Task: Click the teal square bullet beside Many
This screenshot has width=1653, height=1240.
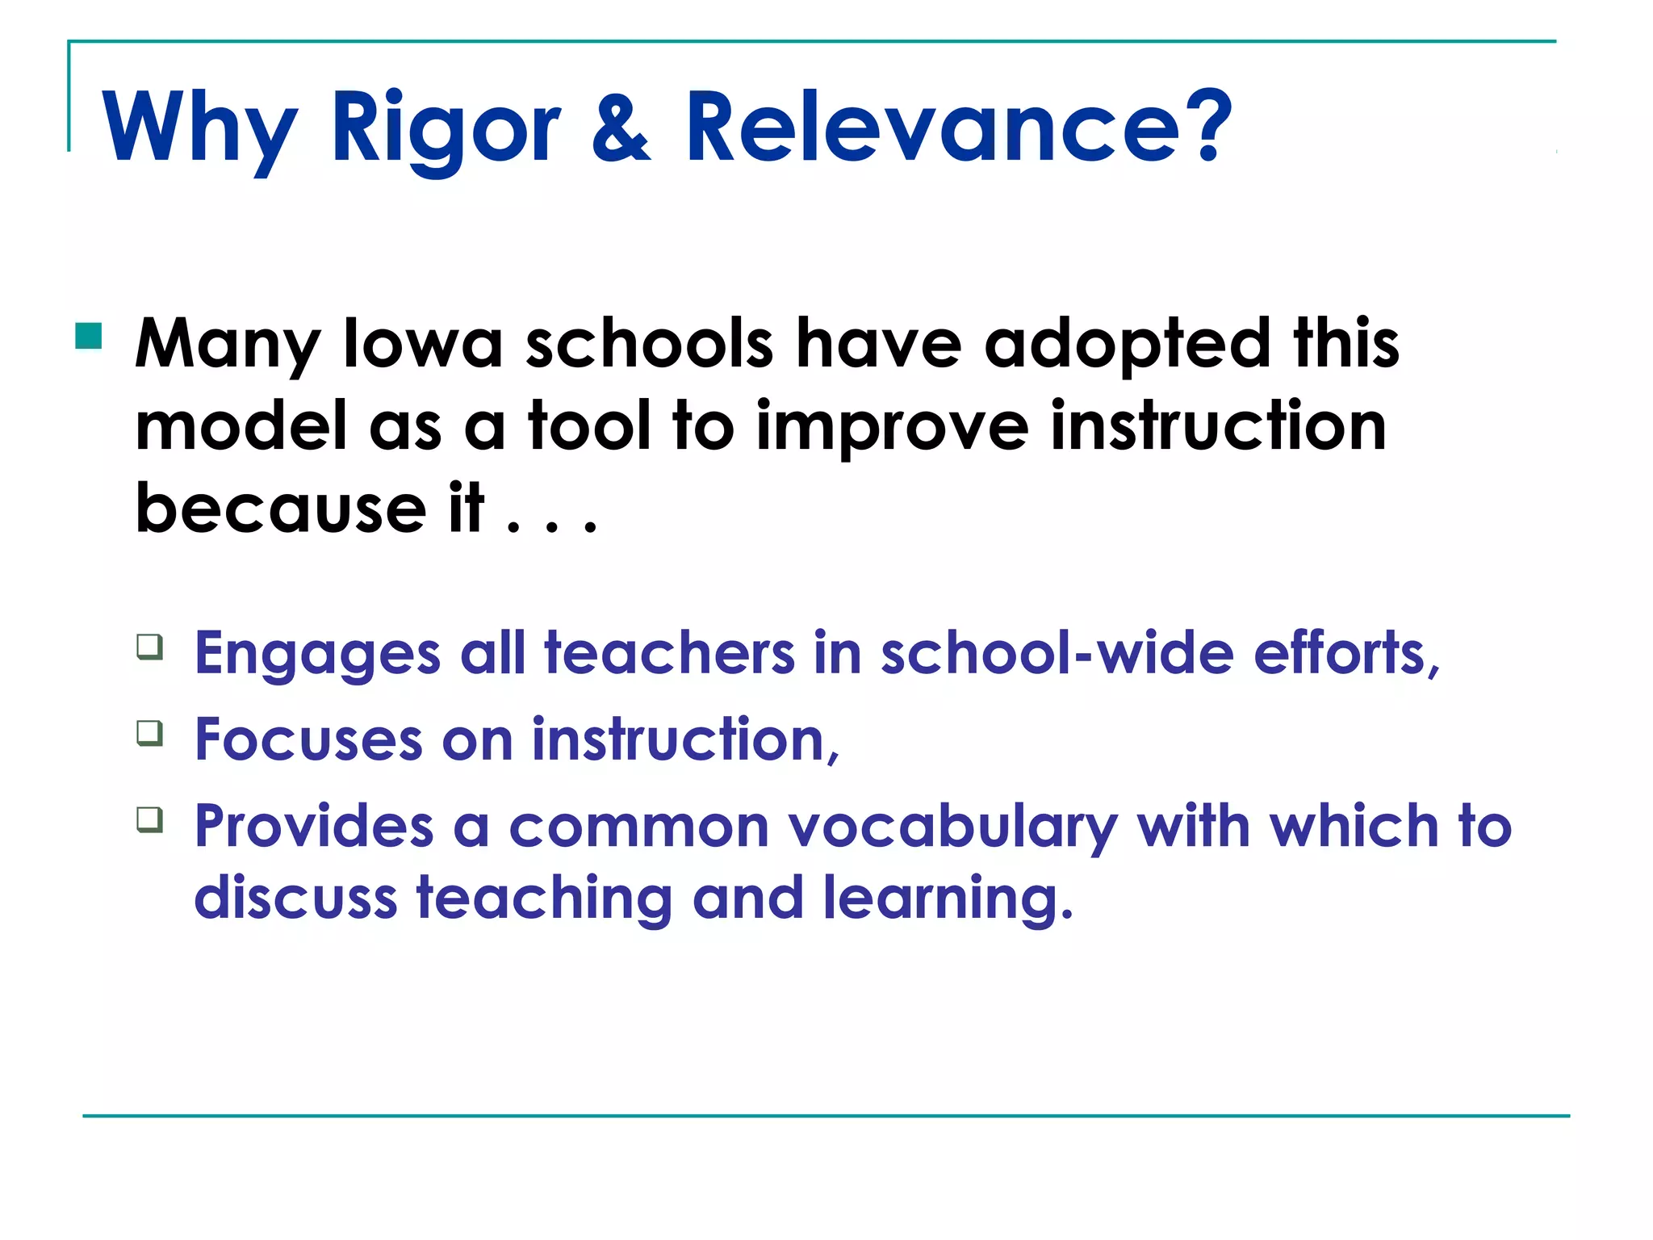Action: pyautogui.click(x=89, y=336)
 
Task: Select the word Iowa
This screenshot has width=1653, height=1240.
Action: pyautogui.click(x=423, y=344)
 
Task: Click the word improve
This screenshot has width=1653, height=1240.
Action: pyautogui.click(x=891, y=428)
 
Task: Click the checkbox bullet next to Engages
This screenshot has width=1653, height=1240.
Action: pyautogui.click(x=150, y=647)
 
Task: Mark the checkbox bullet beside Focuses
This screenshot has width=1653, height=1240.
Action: pyautogui.click(x=150, y=733)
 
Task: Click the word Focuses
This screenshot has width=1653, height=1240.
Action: pyautogui.click(x=308, y=739)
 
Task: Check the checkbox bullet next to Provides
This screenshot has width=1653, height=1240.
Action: pyautogui.click(x=150, y=819)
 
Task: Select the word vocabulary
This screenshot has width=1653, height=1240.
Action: pyautogui.click(x=952, y=827)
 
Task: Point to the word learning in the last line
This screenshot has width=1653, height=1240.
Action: pyautogui.click(x=948, y=899)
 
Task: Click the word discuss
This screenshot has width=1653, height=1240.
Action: pyautogui.click(x=295, y=898)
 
